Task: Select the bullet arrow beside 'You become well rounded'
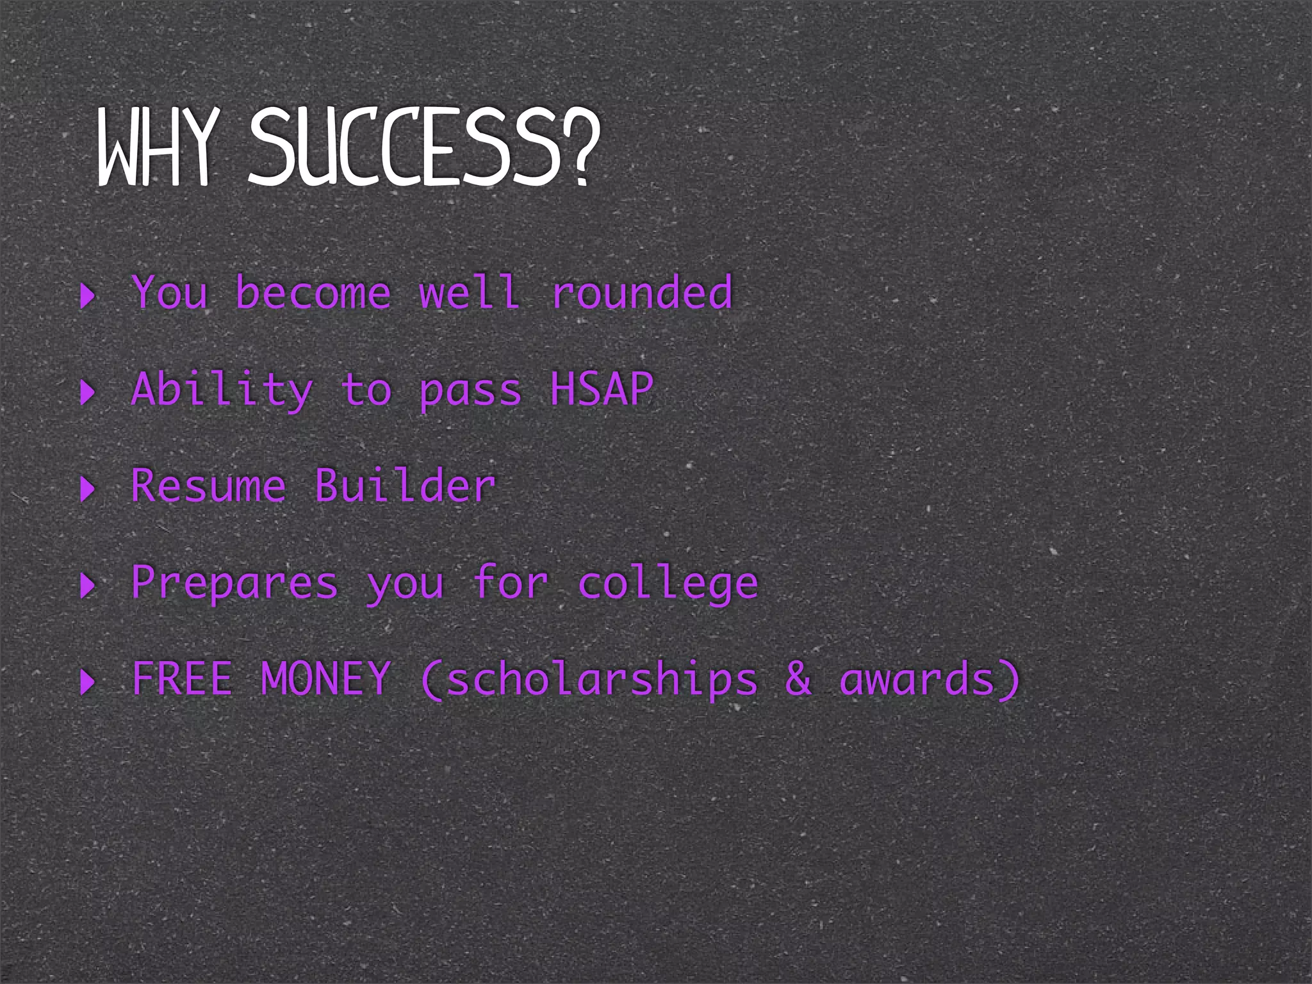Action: point(88,296)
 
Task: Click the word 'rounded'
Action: point(641,293)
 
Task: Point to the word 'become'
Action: point(313,293)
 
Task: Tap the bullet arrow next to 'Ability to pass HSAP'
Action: point(88,392)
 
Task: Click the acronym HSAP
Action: point(602,389)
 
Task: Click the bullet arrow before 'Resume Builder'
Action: point(88,489)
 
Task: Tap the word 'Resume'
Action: point(208,486)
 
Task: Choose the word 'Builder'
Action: point(405,486)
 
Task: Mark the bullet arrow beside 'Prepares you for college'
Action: point(88,586)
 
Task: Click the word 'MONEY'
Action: point(325,679)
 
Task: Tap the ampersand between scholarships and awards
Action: point(798,679)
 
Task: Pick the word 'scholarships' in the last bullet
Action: point(602,680)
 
